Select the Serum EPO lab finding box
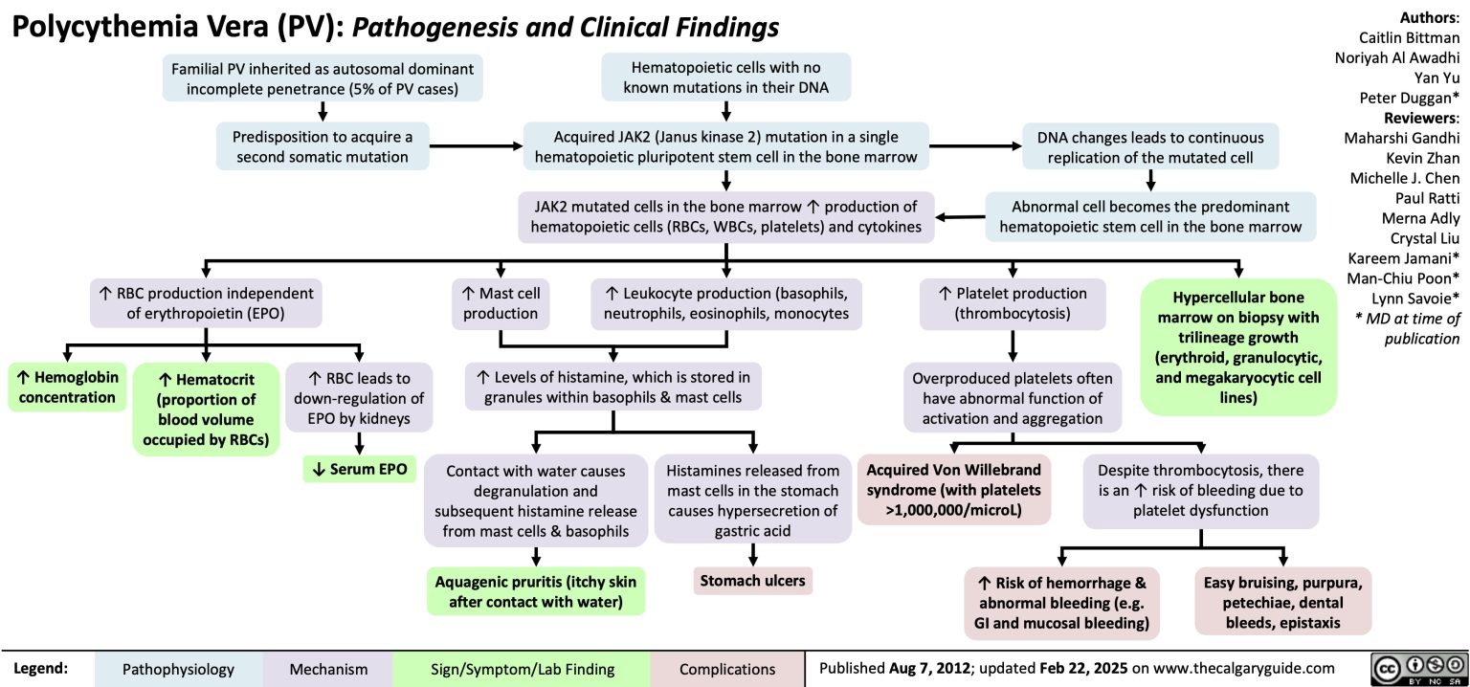point(358,469)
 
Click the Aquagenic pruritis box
point(536,591)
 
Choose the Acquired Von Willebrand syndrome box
point(955,490)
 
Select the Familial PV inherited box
point(323,78)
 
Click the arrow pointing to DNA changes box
point(976,146)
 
